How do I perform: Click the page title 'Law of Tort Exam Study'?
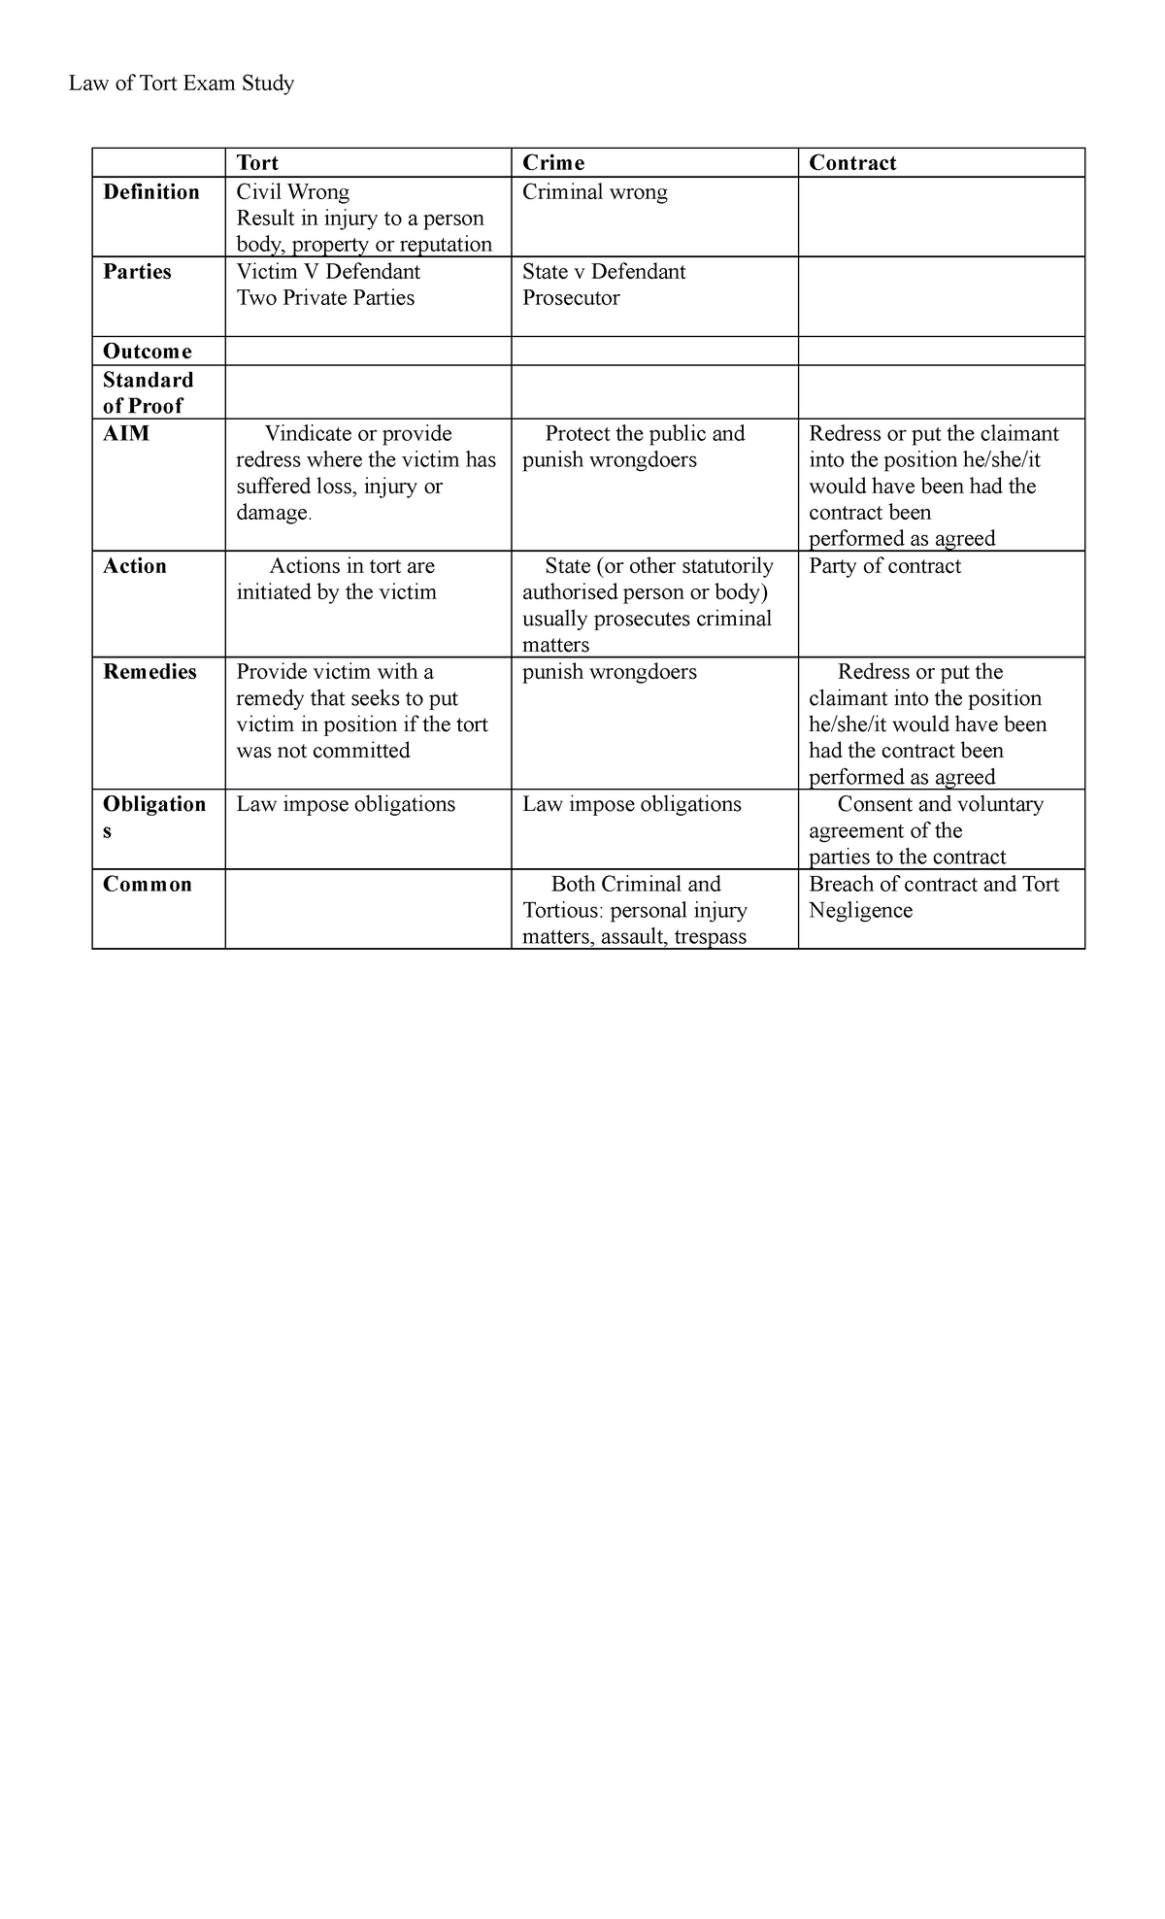click(181, 84)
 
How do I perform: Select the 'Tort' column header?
click(257, 163)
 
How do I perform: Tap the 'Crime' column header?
click(553, 163)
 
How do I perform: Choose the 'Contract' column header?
click(852, 163)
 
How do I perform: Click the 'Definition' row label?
click(151, 192)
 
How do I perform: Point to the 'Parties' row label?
click(137, 272)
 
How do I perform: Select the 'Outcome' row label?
click(148, 352)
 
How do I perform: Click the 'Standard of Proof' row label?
click(148, 392)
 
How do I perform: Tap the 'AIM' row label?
click(126, 434)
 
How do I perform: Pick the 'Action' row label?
click(135, 566)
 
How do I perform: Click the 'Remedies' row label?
click(150, 672)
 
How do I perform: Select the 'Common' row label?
click(148, 885)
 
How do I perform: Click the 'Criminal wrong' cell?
click(595, 192)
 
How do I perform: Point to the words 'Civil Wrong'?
click(293, 192)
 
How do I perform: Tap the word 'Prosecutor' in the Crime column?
click(571, 298)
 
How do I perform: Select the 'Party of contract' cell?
click(884, 566)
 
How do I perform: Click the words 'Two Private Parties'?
click(325, 298)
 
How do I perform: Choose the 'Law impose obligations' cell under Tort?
click(346, 804)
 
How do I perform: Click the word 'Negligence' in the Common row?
click(860, 911)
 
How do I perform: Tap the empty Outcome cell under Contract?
click(941, 352)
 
